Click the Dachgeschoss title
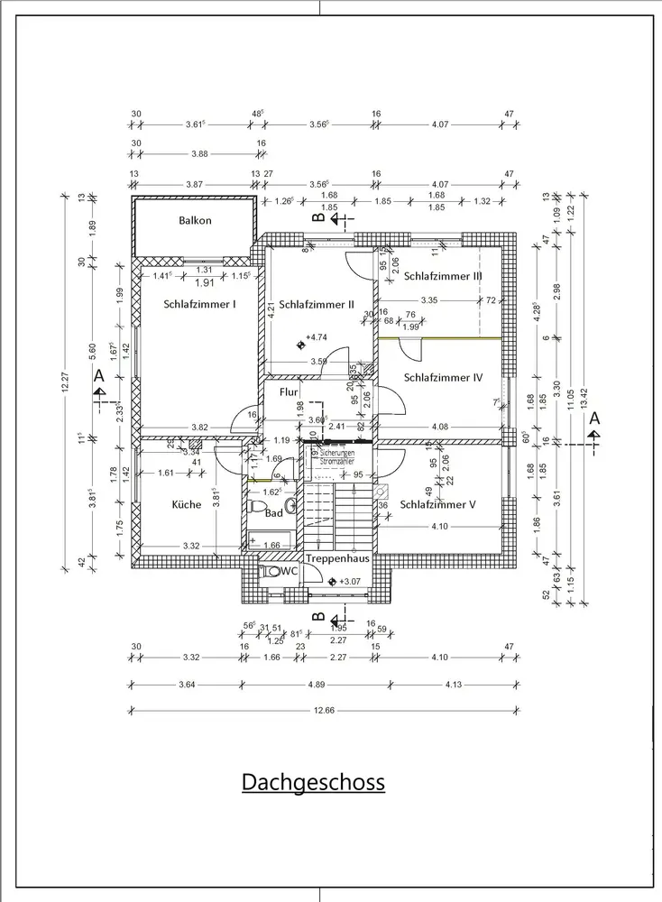(x=313, y=781)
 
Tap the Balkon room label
(x=195, y=220)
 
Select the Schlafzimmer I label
(x=200, y=305)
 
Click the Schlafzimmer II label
(x=316, y=305)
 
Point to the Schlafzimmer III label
(x=443, y=276)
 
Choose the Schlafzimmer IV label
(x=444, y=378)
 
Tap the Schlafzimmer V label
(x=437, y=504)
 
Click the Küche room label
(x=187, y=505)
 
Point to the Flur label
(x=289, y=392)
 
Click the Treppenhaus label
(x=337, y=558)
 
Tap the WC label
(x=290, y=572)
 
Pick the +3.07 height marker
(x=347, y=582)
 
